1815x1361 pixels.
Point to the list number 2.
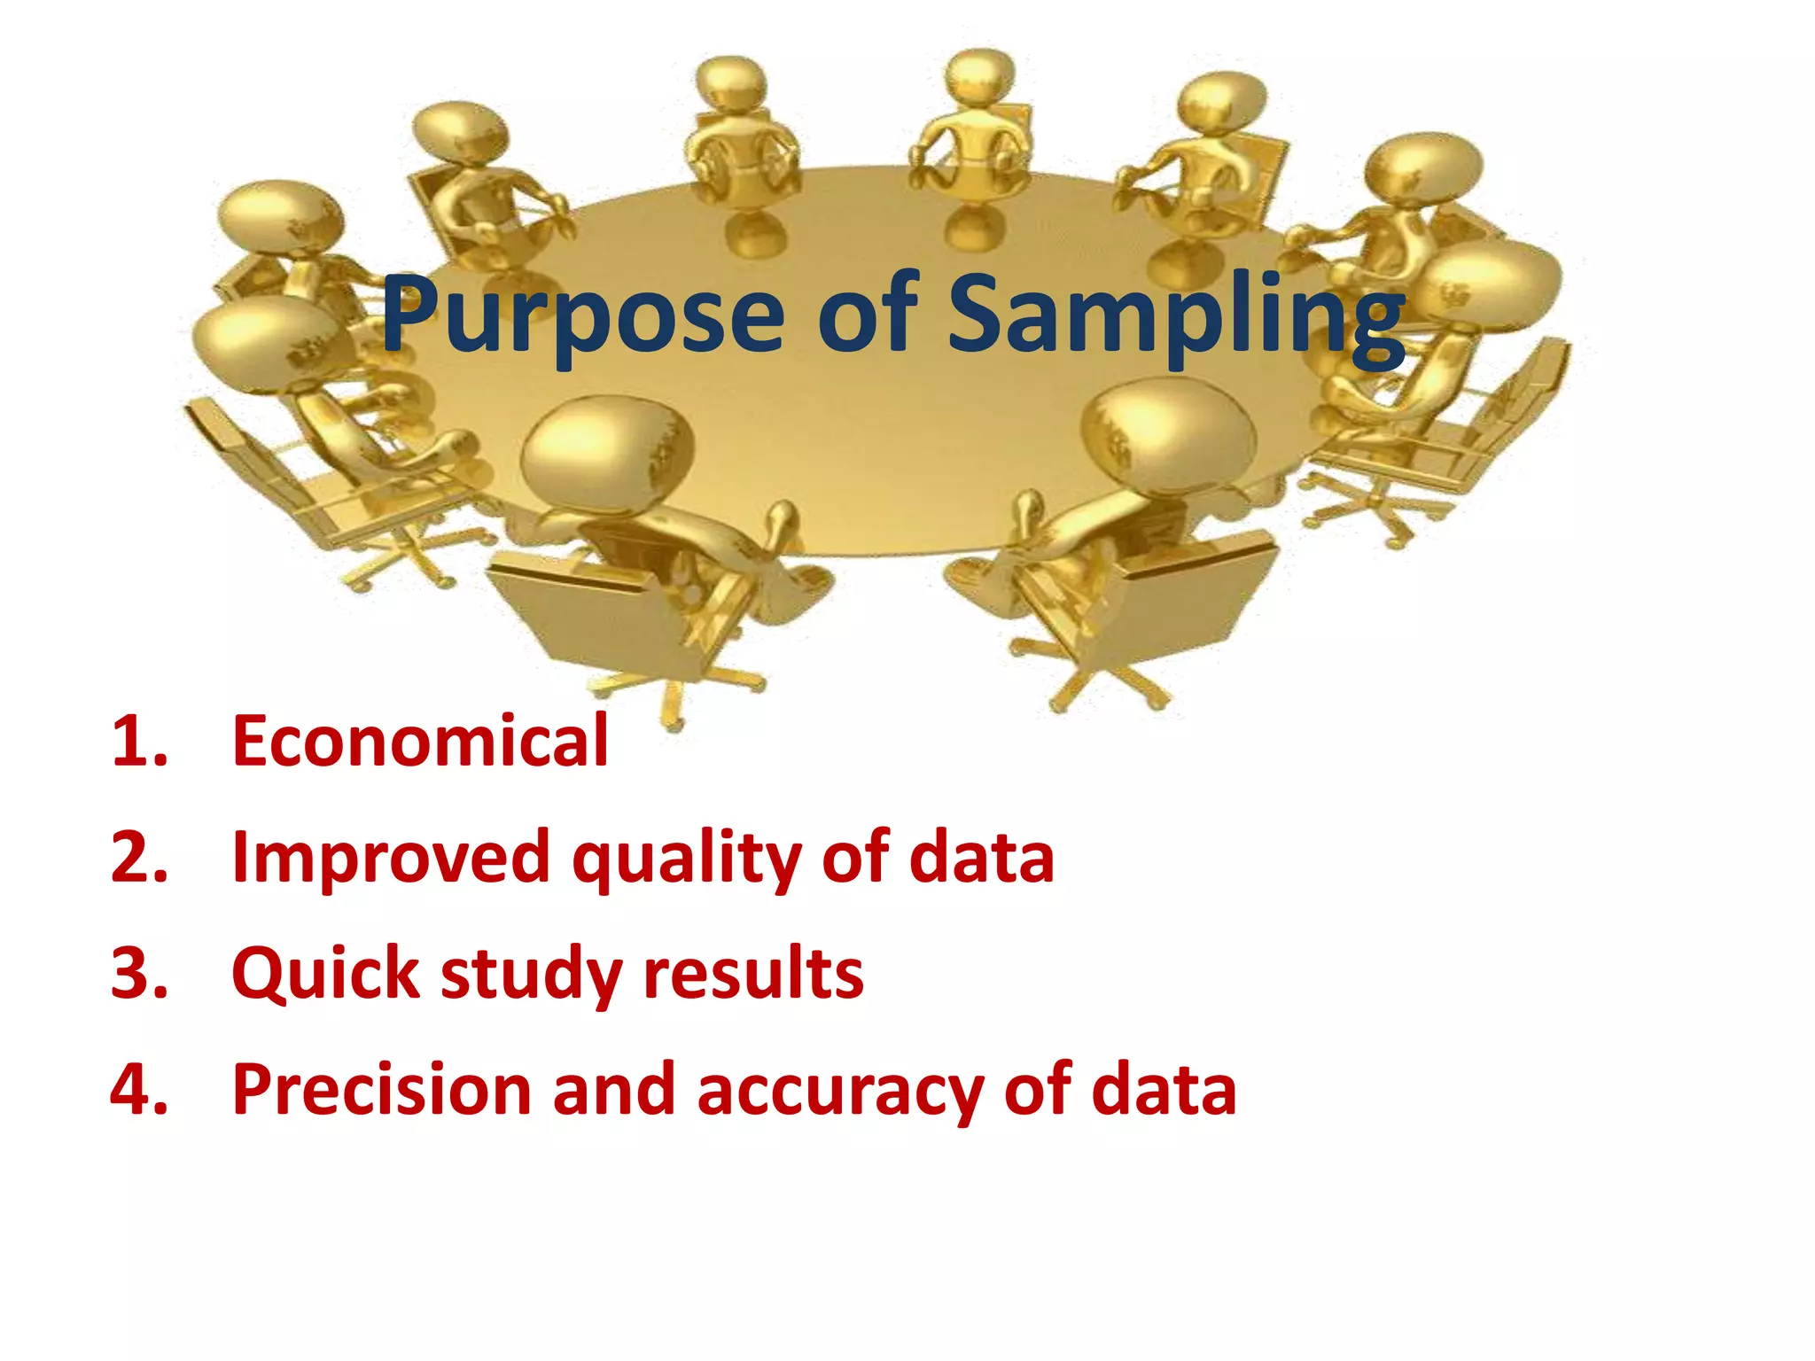pos(138,857)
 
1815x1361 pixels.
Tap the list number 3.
pos(138,973)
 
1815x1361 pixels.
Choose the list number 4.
pos(138,1089)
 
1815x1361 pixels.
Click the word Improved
pos(391,857)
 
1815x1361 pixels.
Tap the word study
pos(531,975)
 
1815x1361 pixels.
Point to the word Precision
pos(382,1089)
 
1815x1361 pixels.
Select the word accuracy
pos(839,1092)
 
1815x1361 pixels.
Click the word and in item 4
pos(613,1089)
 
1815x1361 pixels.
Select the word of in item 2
pos(855,857)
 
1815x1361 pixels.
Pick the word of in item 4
pos(1038,1089)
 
